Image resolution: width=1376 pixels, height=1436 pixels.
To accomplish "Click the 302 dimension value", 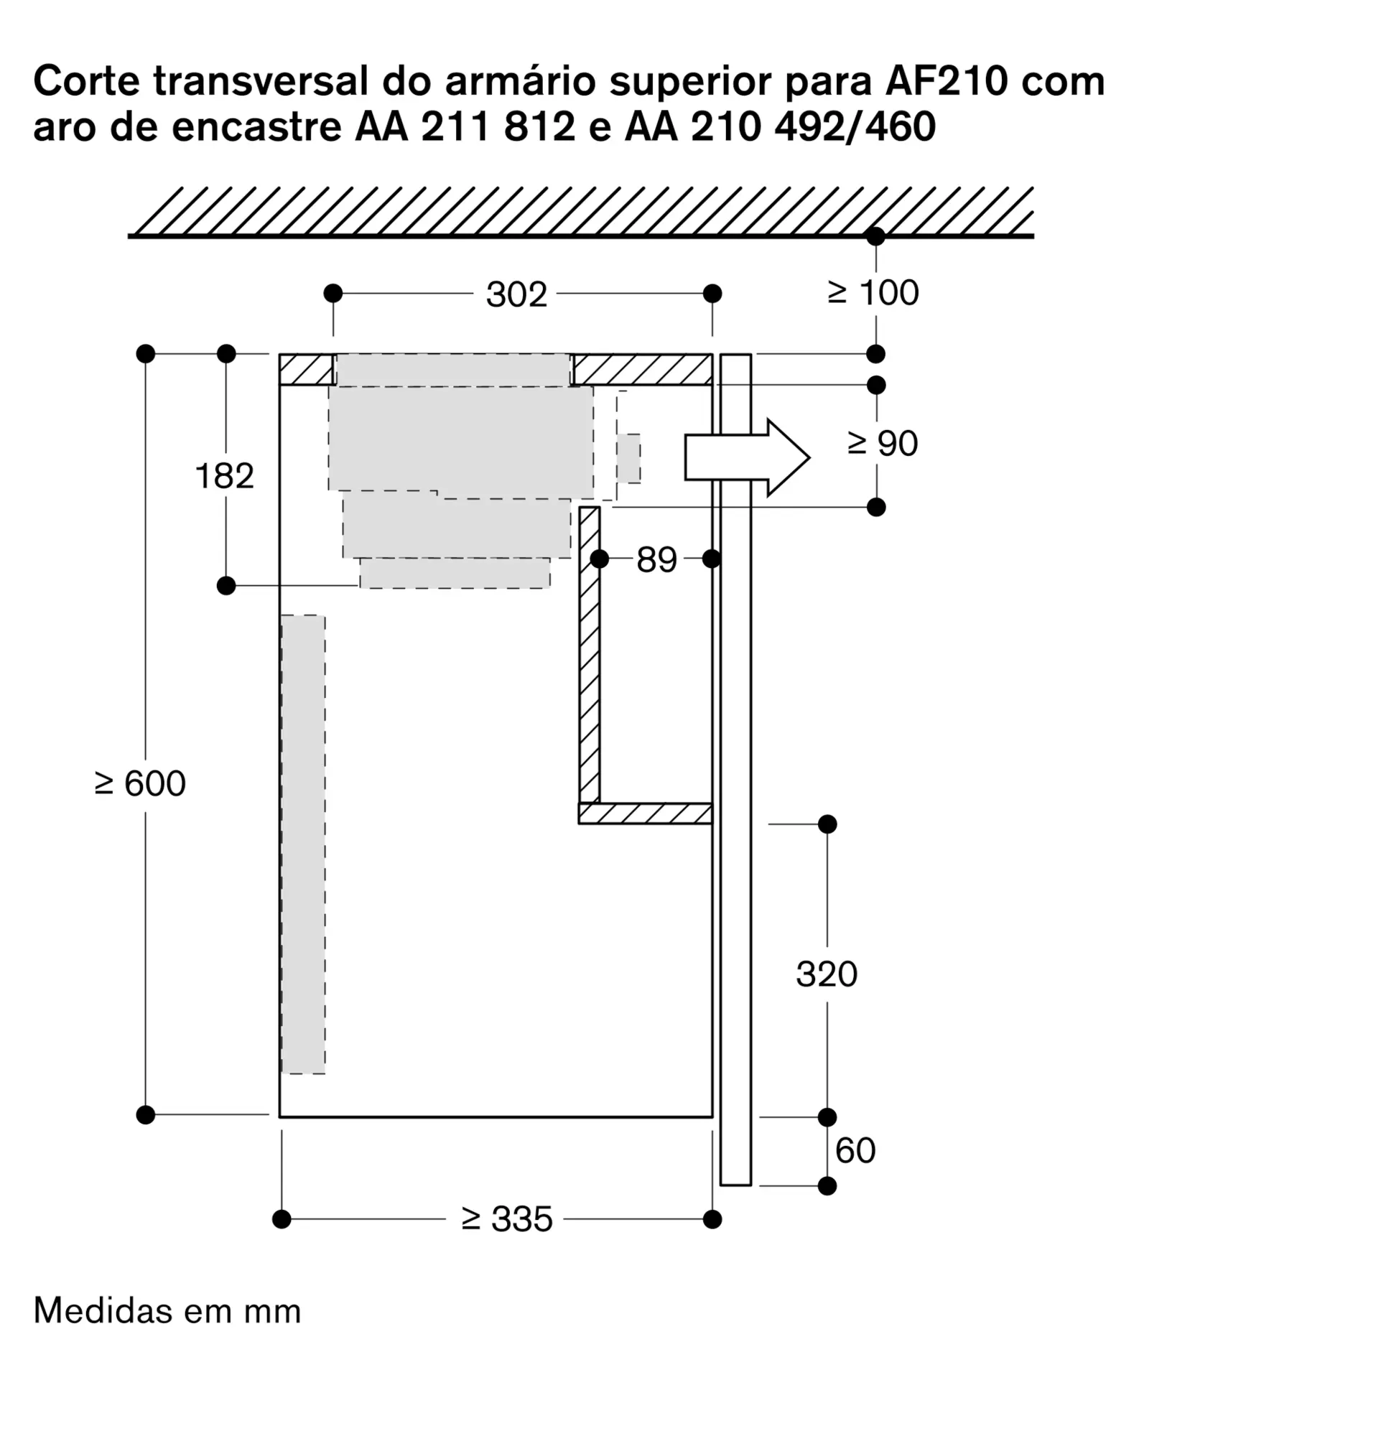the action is [x=516, y=294].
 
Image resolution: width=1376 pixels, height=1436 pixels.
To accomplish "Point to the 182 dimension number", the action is [x=224, y=476].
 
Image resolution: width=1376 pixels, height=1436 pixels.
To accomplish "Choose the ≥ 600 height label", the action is [x=140, y=784].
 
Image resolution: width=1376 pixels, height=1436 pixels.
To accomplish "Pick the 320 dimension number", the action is [x=826, y=974].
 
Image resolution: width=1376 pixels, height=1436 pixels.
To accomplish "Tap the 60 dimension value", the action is [x=855, y=1151].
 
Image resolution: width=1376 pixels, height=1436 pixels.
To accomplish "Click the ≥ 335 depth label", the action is [x=506, y=1220].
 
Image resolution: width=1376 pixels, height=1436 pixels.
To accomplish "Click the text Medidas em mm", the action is [x=167, y=1311].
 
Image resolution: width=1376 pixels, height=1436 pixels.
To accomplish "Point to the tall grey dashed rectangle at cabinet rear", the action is [x=302, y=844].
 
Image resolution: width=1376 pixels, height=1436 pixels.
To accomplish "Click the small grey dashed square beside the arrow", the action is [x=628, y=458].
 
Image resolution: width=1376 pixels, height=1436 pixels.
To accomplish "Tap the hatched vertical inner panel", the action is [x=589, y=654].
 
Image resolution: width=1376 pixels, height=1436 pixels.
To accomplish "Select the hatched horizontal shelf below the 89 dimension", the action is [x=645, y=813].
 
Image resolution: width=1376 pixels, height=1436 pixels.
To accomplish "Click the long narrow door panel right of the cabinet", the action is [x=735, y=769].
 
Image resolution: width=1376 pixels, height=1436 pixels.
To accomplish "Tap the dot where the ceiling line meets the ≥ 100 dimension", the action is [x=875, y=237].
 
